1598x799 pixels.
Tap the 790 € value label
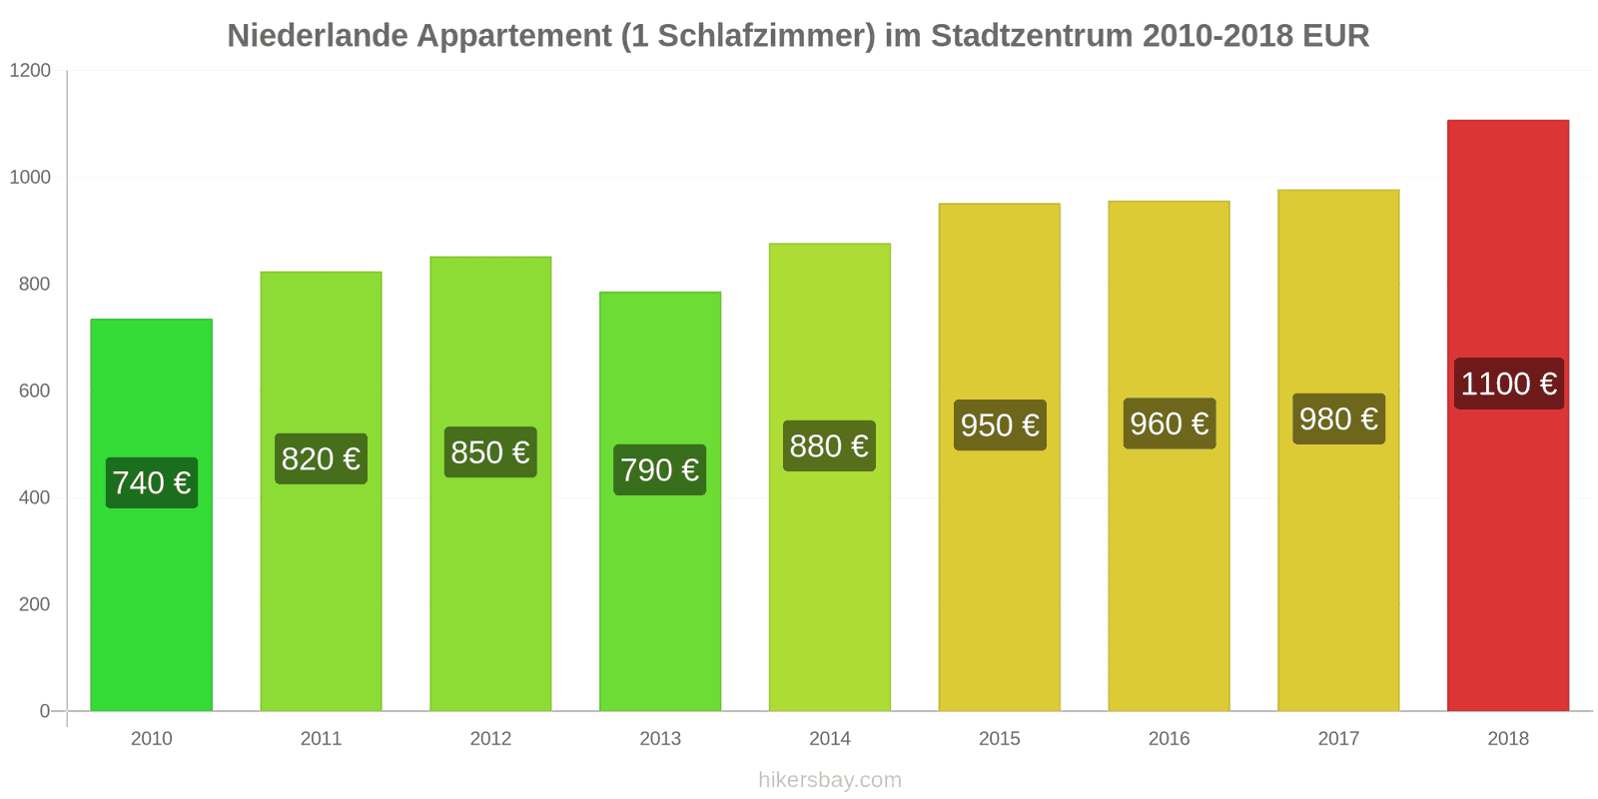tap(659, 469)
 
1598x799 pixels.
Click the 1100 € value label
tap(1508, 384)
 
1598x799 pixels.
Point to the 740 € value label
tap(152, 482)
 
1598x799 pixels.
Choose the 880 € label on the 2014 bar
tap(829, 445)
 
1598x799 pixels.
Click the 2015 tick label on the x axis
tap(999, 738)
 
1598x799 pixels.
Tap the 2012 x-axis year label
tap(490, 738)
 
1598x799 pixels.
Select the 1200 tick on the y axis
tap(30, 70)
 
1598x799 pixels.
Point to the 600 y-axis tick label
tap(34, 391)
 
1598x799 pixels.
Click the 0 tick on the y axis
tap(44, 711)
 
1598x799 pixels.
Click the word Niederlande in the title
tap(317, 35)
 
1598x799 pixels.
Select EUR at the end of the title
tap(1335, 35)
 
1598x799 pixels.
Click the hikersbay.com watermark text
tap(829, 779)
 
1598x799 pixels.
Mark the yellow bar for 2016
tap(1169, 579)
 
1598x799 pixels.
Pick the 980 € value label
tap(1338, 418)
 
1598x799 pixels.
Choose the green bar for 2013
tap(659, 599)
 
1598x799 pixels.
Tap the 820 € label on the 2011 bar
tap(321, 458)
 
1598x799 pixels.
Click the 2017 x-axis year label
tap(1338, 738)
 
